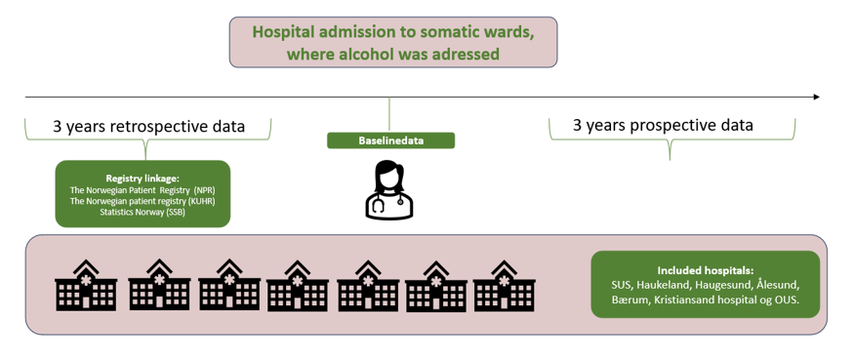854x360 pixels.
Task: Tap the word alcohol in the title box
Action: point(368,54)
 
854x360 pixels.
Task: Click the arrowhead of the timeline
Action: point(816,97)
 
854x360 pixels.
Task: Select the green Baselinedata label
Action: point(390,140)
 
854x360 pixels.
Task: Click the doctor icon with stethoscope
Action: point(389,190)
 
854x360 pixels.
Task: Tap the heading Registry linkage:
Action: point(142,179)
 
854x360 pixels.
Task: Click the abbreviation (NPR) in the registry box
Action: point(203,190)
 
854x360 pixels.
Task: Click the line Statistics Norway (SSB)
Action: point(142,212)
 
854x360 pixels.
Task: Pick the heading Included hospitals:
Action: point(705,270)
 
